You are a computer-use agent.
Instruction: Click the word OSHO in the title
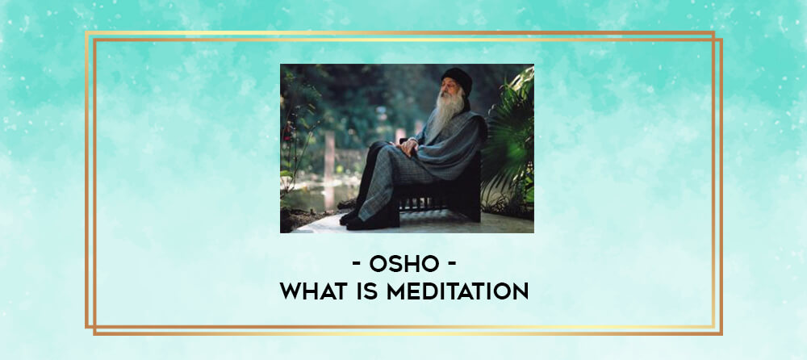[404, 265]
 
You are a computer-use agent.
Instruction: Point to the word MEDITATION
[458, 291]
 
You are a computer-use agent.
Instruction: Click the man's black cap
[457, 79]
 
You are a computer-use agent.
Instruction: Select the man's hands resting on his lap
[409, 146]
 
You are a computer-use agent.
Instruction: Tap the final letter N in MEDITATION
[521, 291]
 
